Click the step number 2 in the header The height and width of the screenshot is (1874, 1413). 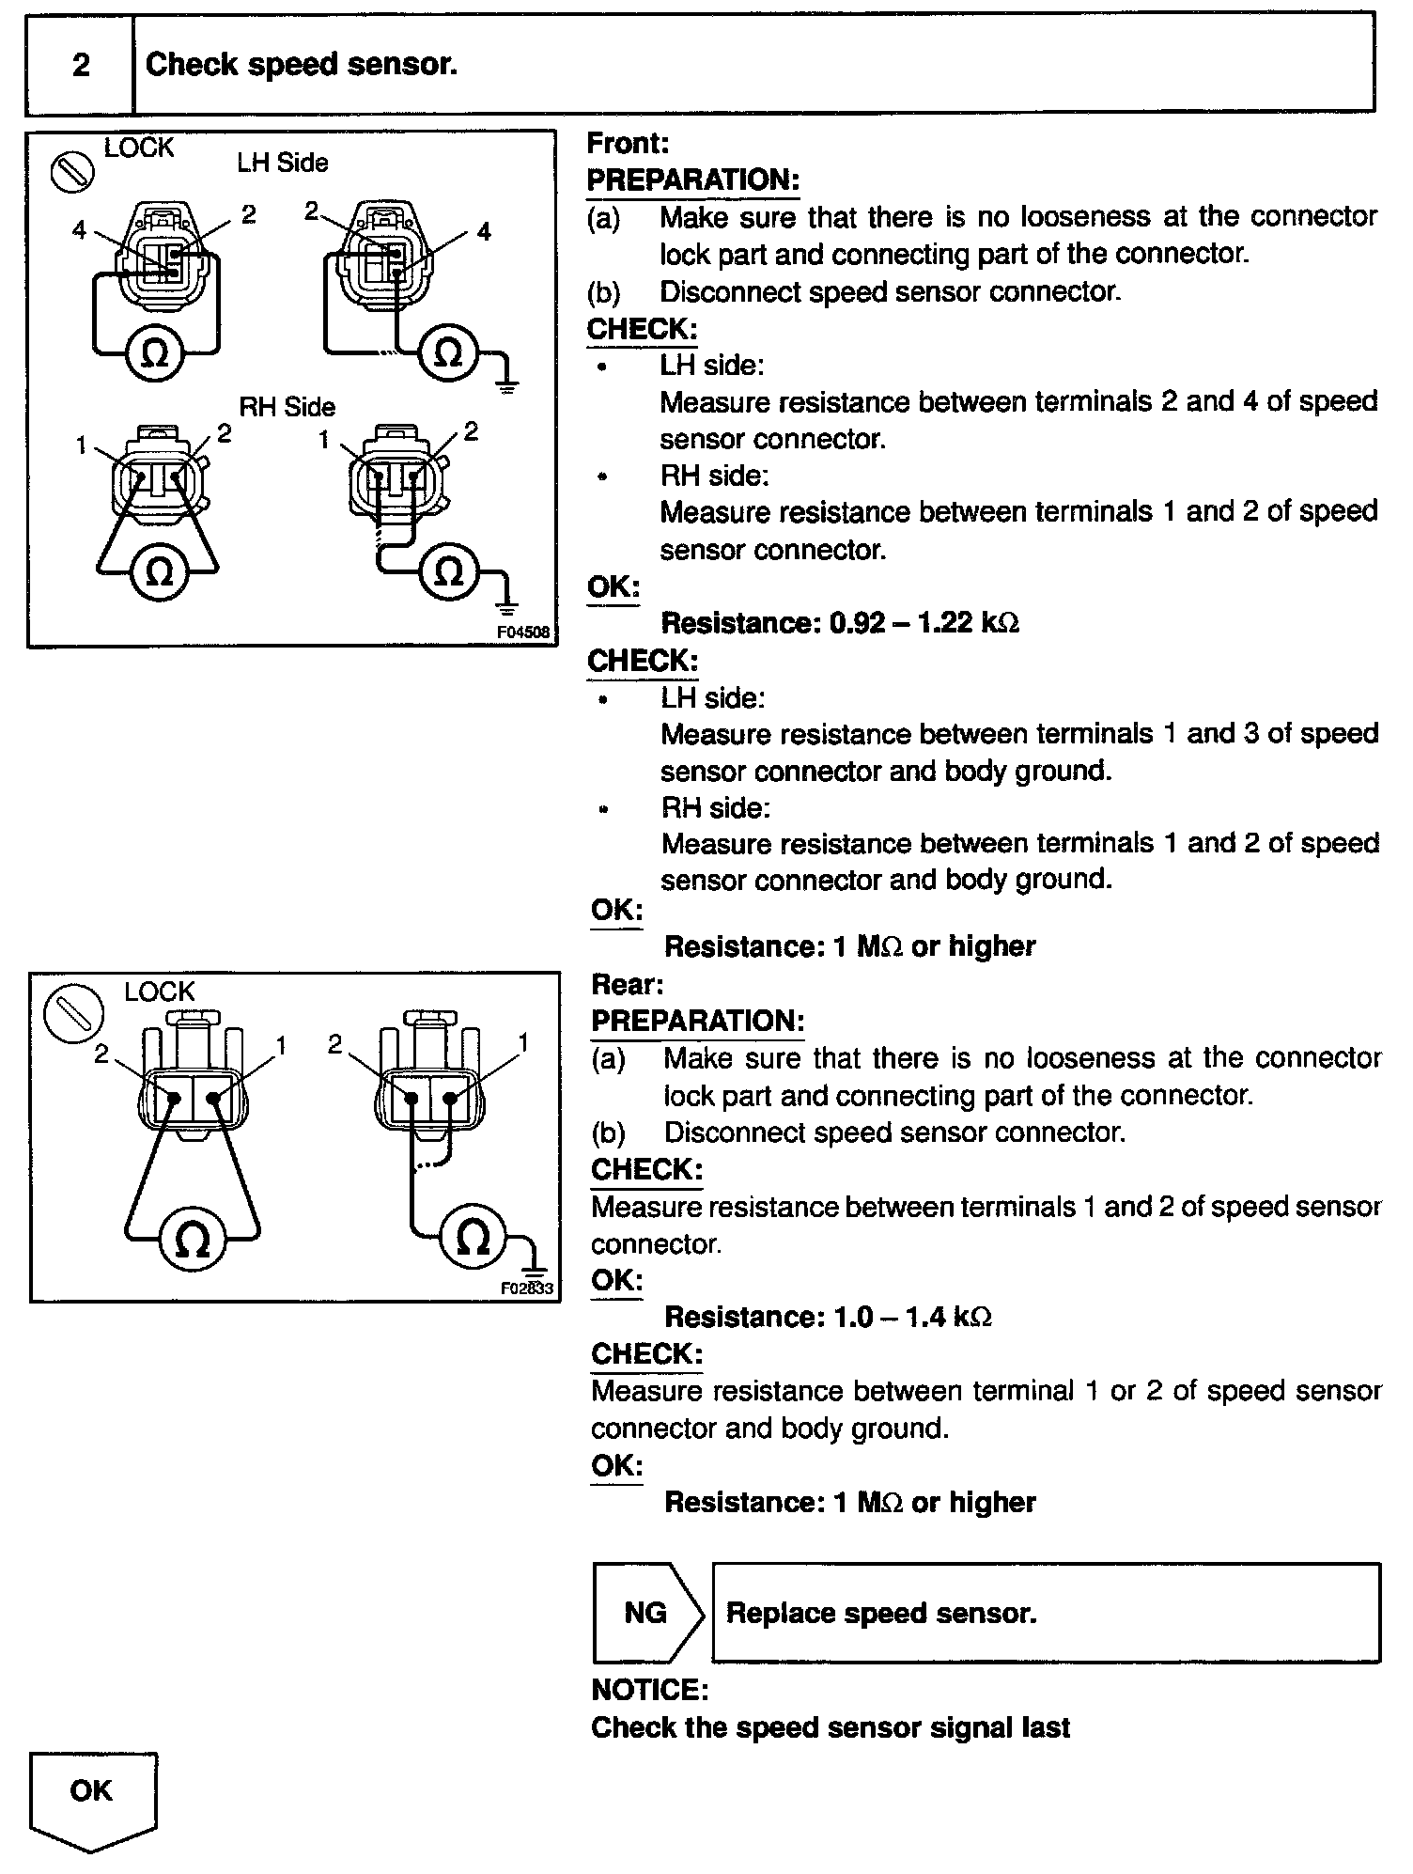[x=81, y=65]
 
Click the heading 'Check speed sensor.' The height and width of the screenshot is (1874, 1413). [x=302, y=65]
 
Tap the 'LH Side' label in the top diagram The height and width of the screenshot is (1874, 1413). [x=282, y=164]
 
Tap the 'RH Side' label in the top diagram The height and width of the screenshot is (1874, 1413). [x=287, y=407]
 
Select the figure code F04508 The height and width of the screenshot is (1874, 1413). [x=522, y=632]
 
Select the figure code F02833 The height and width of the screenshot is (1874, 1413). [x=527, y=1288]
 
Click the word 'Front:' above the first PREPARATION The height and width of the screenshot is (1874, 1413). [x=628, y=144]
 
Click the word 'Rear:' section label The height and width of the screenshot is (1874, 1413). [x=627, y=985]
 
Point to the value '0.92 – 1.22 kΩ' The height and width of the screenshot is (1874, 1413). [x=924, y=623]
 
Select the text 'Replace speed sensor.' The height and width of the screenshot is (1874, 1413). [x=881, y=1614]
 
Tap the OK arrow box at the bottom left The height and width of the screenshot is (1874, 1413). [x=92, y=1795]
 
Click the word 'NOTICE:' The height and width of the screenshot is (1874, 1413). [x=649, y=1691]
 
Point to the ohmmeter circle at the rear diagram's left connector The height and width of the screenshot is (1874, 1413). [x=193, y=1241]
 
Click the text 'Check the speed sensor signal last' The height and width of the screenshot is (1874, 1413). [x=831, y=1728]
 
